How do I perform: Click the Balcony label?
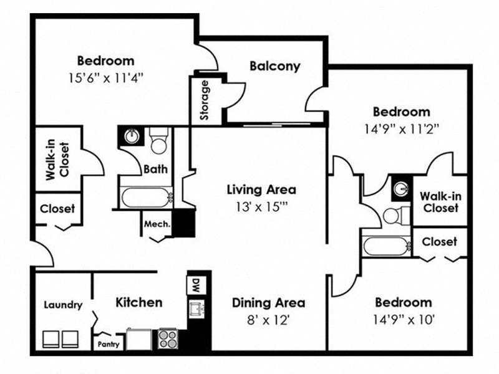(x=275, y=65)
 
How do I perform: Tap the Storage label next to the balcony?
(x=204, y=100)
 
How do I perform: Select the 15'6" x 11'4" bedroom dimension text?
(x=105, y=79)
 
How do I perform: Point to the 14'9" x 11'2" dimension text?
(x=401, y=130)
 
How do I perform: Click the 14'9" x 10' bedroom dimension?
(x=403, y=320)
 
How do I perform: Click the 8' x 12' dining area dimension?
(x=268, y=322)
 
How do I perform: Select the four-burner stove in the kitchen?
(x=168, y=338)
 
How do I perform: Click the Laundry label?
(x=63, y=305)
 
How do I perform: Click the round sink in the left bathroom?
(x=132, y=136)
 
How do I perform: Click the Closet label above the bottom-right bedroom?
(x=440, y=241)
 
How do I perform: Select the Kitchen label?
(x=139, y=302)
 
